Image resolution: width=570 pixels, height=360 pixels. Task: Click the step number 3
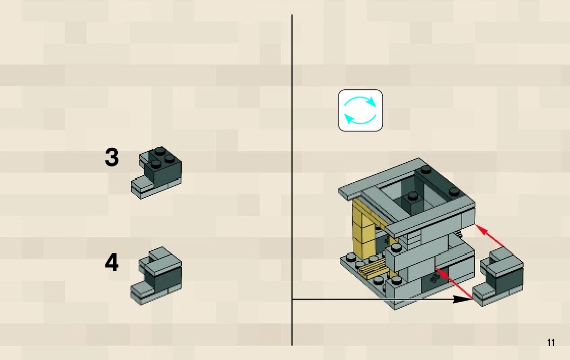(x=112, y=158)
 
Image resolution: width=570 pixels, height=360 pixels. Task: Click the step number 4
(x=112, y=263)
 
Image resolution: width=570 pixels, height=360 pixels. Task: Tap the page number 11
(x=551, y=342)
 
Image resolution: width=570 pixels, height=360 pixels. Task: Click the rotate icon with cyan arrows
(x=360, y=111)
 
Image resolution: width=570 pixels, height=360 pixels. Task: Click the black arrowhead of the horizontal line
(x=463, y=300)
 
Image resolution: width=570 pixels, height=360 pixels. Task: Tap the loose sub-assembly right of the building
(x=500, y=277)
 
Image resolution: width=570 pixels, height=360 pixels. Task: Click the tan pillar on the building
(x=362, y=226)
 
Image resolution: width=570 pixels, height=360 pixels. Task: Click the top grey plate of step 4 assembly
(x=161, y=255)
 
